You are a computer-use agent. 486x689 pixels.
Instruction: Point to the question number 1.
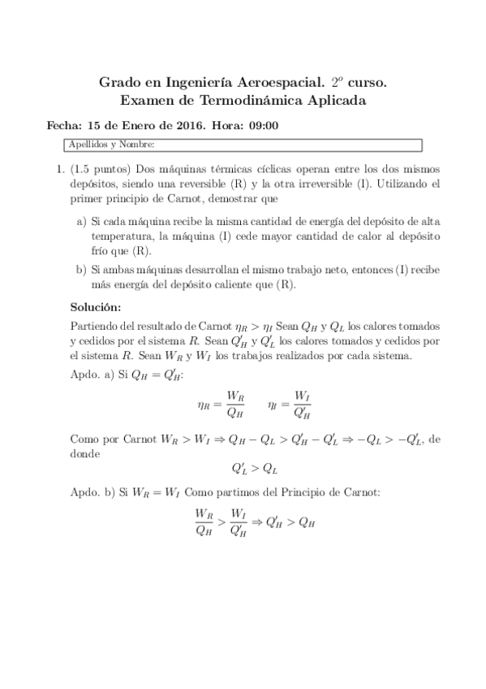click(x=59, y=170)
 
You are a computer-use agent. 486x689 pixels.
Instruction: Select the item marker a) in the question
click(x=81, y=220)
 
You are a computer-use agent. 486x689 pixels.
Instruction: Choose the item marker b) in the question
click(x=81, y=270)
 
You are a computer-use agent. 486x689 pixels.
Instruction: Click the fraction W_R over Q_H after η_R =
click(x=235, y=401)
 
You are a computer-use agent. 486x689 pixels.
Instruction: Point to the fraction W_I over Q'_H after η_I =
click(x=302, y=401)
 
